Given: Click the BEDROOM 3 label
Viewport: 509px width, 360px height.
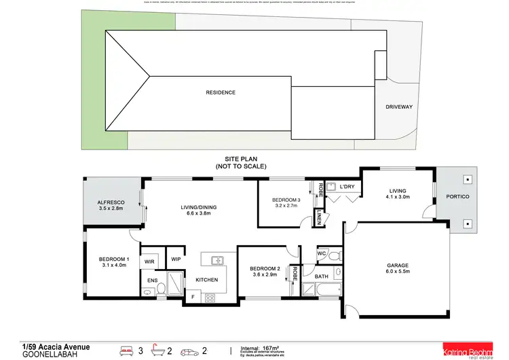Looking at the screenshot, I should click(286, 200).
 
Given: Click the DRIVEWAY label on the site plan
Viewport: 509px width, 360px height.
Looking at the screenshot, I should click(398, 107).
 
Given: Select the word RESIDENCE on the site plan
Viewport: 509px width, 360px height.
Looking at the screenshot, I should click(221, 92).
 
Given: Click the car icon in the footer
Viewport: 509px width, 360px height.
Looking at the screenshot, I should click(189, 351).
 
